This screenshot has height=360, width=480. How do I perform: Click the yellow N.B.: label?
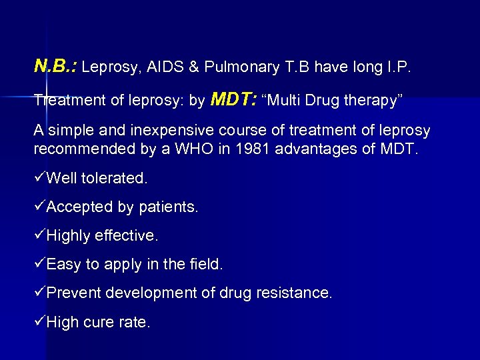tap(55, 65)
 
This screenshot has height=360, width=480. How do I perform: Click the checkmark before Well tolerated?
tap(39, 179)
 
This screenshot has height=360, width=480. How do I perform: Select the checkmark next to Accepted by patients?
tap(39, 207)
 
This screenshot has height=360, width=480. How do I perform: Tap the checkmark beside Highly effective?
tap(39, 236)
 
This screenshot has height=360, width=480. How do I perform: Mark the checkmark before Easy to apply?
tap(39, 265)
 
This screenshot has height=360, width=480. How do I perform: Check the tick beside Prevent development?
tap(39, 293)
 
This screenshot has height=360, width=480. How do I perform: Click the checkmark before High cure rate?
tap(39, 323)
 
